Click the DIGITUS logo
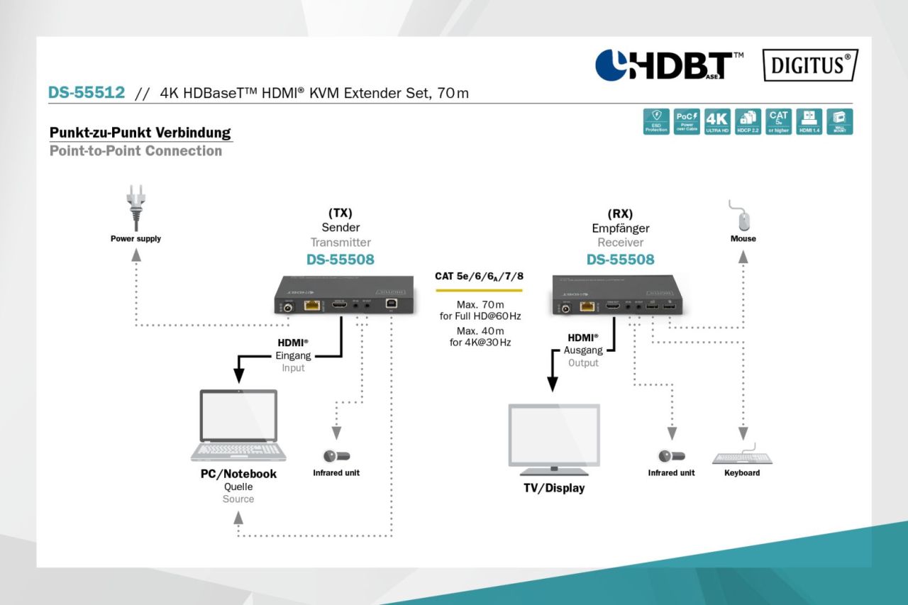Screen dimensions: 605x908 click(x=810, y=65)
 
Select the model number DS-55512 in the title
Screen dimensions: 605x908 click(x=87, y=92)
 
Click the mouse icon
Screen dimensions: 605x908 click(x=743, y=216)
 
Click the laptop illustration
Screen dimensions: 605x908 click(x=238, y=426)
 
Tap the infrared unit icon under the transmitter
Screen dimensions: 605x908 click(x=337, y=456)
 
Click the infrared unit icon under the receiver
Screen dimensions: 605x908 click(x=671, y=456)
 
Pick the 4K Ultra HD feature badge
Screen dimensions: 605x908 click(x=718, y=122)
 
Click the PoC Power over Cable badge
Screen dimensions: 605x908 click(x=687, y=122)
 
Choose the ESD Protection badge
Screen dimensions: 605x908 click(x=656, y=122)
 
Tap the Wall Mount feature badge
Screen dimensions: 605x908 click(x=840, y=122)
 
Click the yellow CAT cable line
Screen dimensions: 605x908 click(x=478, y=290)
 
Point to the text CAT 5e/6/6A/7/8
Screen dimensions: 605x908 click(x=478, y=275)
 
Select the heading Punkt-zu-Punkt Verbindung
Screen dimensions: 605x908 click(x=140, y=133)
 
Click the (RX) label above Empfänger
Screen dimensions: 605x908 click(x=620, y=213)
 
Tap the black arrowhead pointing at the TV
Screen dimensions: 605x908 click(x=553, y=384)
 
